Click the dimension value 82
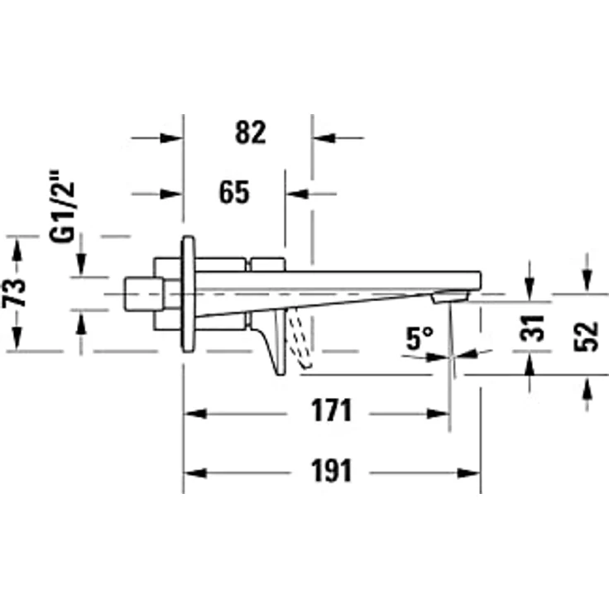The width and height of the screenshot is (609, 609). (x=251, y=133)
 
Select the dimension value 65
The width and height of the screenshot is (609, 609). (x=234, y=193)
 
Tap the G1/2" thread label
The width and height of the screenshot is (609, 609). (x=62, y=206)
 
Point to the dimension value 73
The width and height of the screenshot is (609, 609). (x=14, y=293)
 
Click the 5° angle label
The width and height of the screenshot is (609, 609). (x=420, y=338)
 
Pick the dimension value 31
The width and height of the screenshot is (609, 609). (x=533, y=328)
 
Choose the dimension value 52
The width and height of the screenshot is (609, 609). (x=587, y=337)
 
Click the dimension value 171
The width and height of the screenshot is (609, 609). (x=331, y=410)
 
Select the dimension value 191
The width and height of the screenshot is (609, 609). (x=331, y=470)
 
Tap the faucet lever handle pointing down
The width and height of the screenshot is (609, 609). (x=276, y=342)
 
